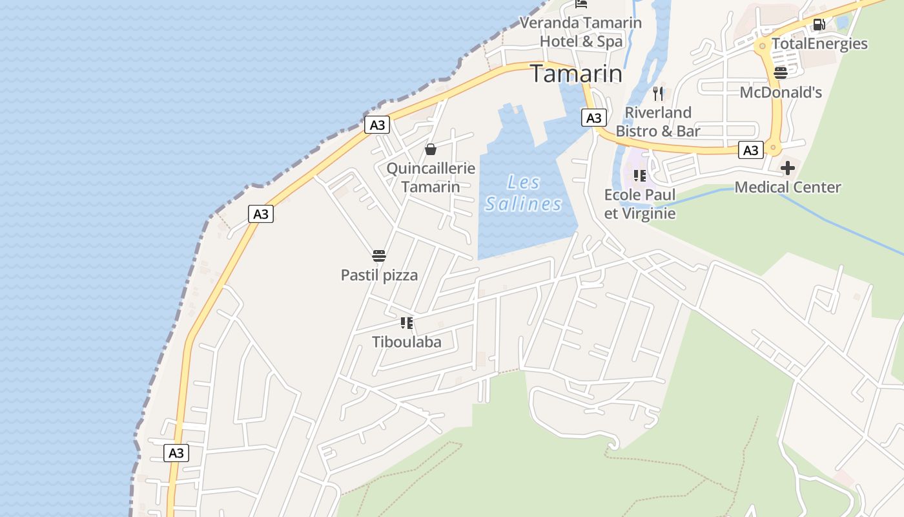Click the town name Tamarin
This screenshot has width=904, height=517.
point(576,74)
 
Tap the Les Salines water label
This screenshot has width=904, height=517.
point(523,193)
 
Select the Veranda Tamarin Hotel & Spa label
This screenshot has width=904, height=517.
point(580,32)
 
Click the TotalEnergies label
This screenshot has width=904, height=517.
point(819,44)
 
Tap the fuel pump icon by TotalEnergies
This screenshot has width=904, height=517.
point(819,25)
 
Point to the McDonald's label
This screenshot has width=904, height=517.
point(780,92)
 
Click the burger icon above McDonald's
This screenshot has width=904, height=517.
point(781,72)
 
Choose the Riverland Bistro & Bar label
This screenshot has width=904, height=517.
point(657,121)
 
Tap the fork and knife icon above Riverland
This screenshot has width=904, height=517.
point(658,93)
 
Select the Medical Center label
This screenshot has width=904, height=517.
point(787,187)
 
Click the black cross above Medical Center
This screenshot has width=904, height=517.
point(787,169)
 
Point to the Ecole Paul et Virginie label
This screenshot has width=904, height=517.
point(639,204)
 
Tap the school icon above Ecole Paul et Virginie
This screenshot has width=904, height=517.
point(640,176)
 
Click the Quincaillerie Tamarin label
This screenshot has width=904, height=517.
point(431,178)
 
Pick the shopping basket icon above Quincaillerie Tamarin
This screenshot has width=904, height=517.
point(431,150)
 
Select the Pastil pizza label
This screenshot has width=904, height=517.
point(379,275)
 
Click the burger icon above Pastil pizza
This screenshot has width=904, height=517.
point(379,256)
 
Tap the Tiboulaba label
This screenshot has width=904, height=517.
point(406,342)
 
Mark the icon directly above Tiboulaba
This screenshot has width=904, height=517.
point(406,322)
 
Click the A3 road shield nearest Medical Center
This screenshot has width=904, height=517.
point(750,151)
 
